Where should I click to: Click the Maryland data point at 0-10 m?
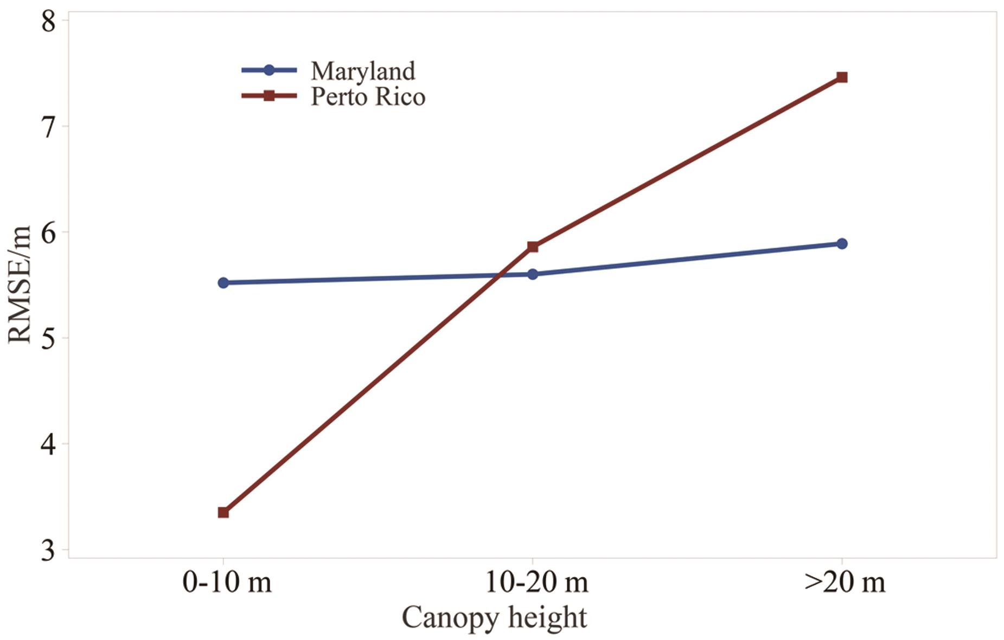pos(223,283)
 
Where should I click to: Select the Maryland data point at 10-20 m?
pos(532,274)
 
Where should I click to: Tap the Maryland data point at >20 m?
pos(842,244)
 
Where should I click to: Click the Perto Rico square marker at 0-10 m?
pos(223,512)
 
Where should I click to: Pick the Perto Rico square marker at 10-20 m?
pos(533,247)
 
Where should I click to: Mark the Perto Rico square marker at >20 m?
pos(842,77)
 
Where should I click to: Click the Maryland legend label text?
pos(363,71)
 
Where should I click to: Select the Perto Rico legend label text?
pos(368,97)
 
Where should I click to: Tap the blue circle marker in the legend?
pos(268,70)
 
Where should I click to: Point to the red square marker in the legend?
pos(268,96)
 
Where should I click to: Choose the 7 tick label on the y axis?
pos(49,127)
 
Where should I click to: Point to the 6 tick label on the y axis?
pos(49,233)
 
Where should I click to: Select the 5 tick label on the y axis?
pos(49,339)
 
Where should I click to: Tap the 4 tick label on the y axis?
pos(49,444)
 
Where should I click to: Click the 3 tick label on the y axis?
pos(49,550)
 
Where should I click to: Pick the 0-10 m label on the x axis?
pos(227,583)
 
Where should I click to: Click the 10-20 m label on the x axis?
pos(536,583)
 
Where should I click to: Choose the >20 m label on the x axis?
pos(845,583)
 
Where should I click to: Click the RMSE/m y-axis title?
pos(21,285)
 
